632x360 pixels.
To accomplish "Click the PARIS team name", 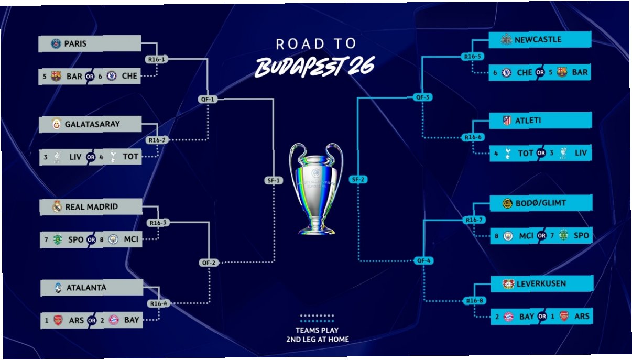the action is (x=75, y=44).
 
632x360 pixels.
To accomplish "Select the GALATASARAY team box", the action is (x=90, y=124).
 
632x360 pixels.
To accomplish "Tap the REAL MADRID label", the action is (x=91, y=207).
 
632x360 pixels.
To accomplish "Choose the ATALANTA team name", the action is (x=86, y=288).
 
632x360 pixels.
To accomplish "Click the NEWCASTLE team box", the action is (x=540, y=39).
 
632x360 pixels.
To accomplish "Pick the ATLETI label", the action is (x=528, y=121).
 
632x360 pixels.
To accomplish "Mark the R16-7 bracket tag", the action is (x=473, y=220).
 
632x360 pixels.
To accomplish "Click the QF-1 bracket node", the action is (x=208, y=99).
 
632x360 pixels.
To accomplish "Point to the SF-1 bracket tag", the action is (x=273, y=181).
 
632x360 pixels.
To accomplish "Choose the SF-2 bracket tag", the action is (x=358, y=180).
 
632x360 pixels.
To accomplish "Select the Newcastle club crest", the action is (x=506, y=39).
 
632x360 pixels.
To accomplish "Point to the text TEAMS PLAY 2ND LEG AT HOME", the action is (x=317, y=335).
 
